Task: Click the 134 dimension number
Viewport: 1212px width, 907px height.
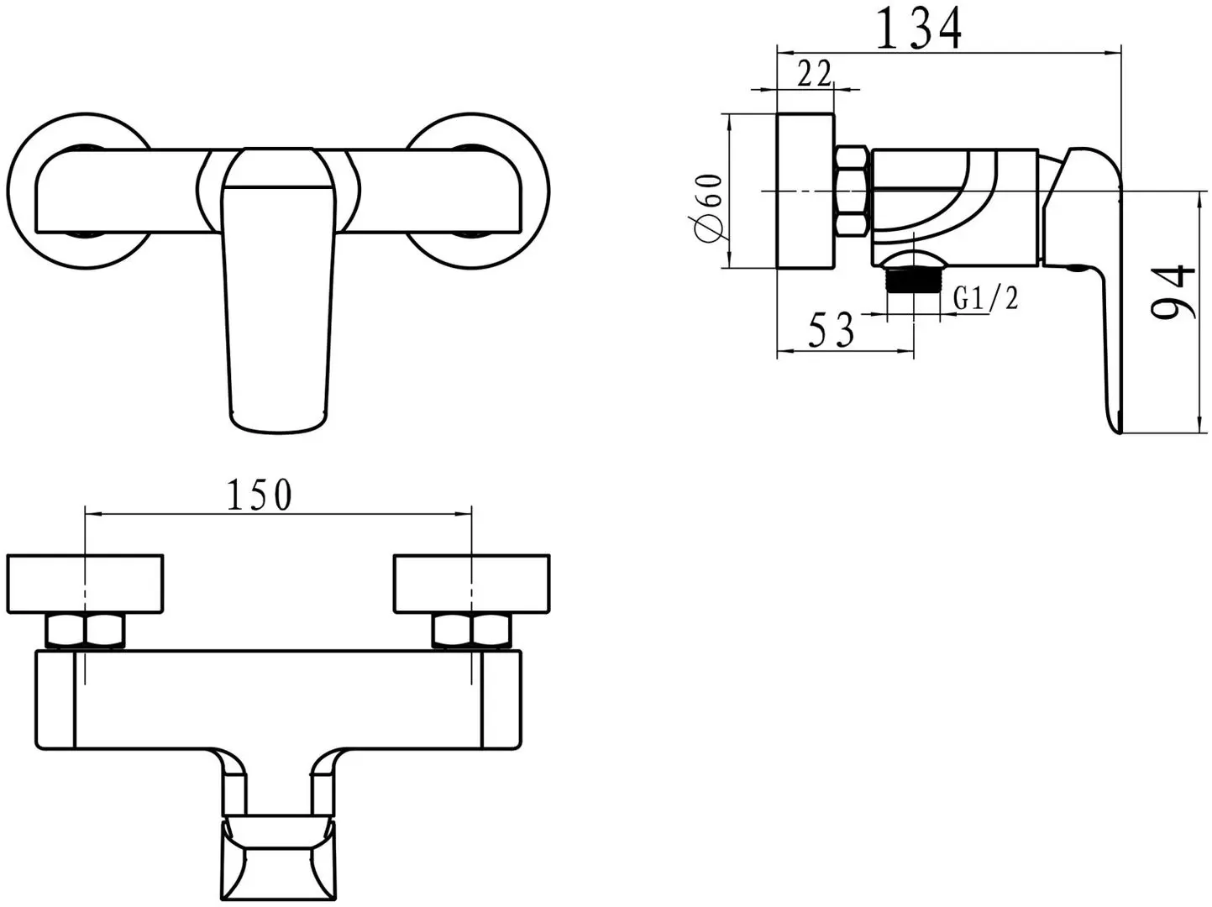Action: pos(918,29)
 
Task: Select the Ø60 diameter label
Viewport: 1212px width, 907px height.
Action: pos(706,208)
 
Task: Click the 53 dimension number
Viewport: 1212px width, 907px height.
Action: pos(831,329)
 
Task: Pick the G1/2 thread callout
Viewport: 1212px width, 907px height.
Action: pos(985,298)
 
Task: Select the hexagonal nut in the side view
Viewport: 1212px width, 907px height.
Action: pos(852,191)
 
